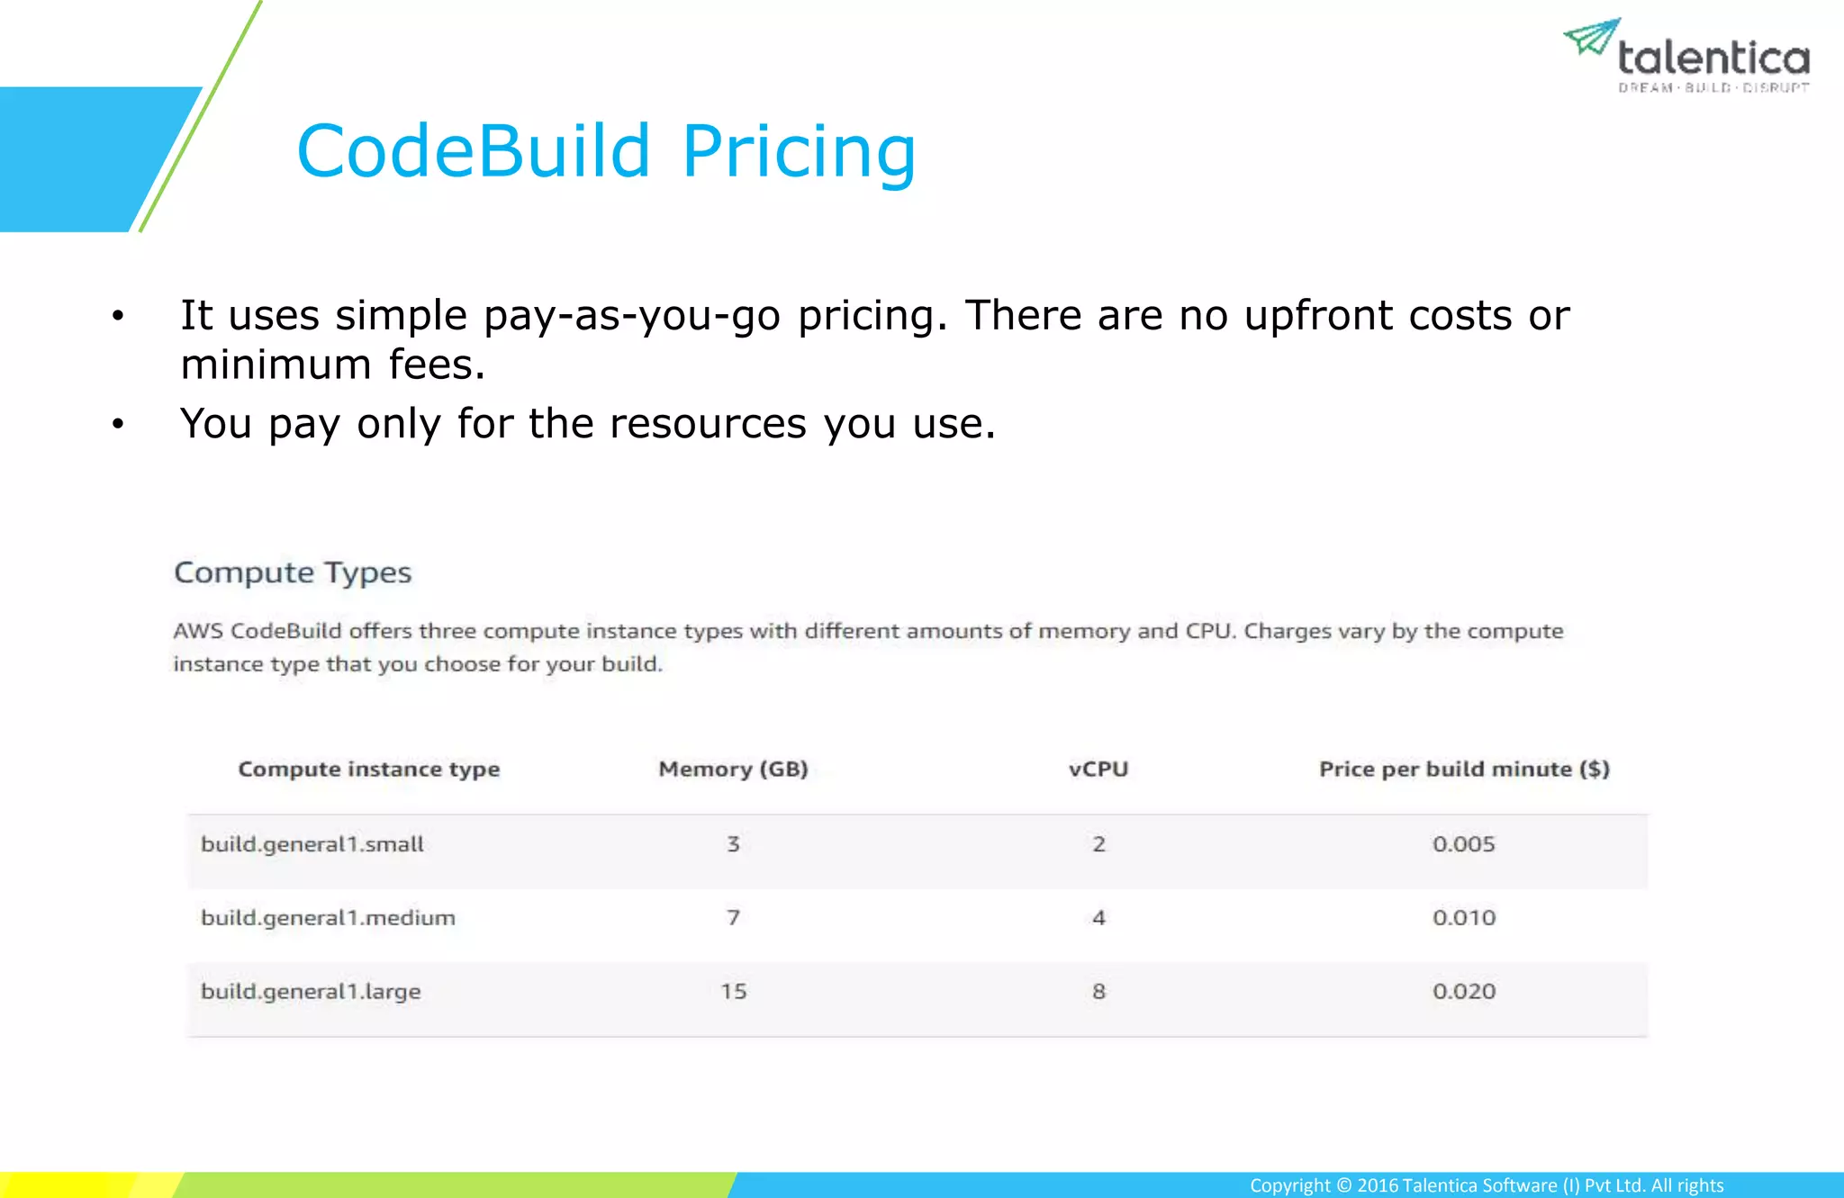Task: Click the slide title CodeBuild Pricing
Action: [x=606, y=151]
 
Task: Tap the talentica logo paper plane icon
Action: [x=1591, y=37]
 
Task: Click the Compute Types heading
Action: [x=293, y=572]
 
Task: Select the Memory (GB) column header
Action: [x=733, y=769]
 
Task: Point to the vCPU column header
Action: [x=1098, y=769]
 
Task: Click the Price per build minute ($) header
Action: [x=1464, y=769]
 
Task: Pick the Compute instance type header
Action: [x=368, y=769]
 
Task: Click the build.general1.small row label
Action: [x=312, y=844]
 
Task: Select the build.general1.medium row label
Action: [x=328, y=918]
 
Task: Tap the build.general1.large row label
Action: [x=311, y=992]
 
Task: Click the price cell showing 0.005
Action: [x=1463, y=844]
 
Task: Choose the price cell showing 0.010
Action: [x=1463, y=918]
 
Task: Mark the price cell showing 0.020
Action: [x=1463, y=992]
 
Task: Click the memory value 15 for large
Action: [x=733, y=992]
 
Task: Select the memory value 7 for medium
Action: [x=733, y=918]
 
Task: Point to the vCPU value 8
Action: [x=1098, y=992]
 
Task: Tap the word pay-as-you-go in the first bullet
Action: [x=631, y=317]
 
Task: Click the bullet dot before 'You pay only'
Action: [x=117, y=423]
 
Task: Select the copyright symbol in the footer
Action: [x=1343, y=1185]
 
